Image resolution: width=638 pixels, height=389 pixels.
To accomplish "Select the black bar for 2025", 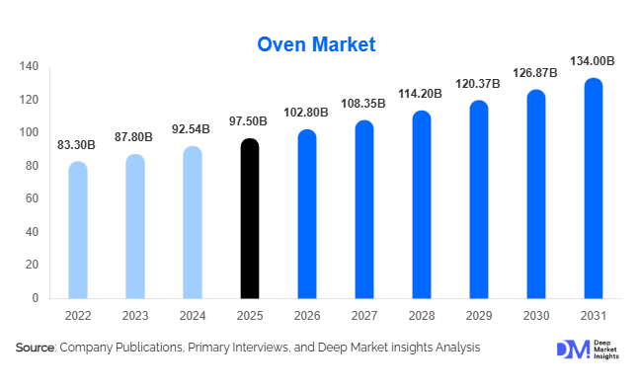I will click(x=250, y=219).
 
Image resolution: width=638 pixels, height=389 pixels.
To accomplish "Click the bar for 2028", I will click(x=422, y=205).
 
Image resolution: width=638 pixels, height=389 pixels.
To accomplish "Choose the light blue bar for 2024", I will click(x=193, y=223).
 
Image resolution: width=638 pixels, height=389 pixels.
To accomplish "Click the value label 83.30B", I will click(x=77, y=145).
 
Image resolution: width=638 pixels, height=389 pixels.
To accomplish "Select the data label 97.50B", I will click(x=250, y=122).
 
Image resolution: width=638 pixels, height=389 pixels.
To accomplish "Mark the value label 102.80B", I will click(x=307, y=114).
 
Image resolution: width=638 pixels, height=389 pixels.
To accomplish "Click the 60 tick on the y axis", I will click(x=32, y=198).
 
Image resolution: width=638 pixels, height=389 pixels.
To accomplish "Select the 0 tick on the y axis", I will click(x=36, y=298).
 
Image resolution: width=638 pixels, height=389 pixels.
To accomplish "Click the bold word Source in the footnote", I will click(x=35, y=348).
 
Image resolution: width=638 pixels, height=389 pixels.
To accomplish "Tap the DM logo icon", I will click(x=571, y=350).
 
